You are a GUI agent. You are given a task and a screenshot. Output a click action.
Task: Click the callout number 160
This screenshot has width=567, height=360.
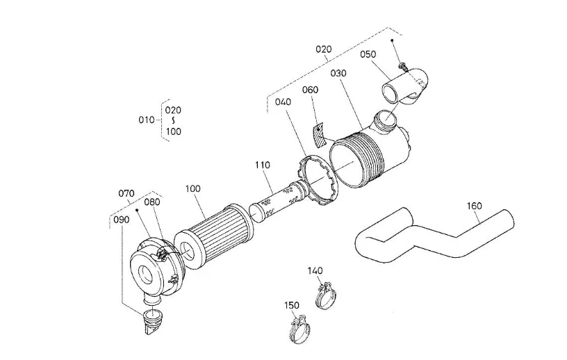pos(474,206)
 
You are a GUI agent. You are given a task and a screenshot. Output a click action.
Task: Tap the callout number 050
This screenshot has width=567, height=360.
pos(368,54)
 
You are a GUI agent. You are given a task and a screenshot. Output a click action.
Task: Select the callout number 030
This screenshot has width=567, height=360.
pos(338,73)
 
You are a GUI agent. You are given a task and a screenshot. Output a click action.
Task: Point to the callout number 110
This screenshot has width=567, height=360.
pos(263,165)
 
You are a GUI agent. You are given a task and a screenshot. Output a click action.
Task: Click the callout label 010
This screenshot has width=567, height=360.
pos(147,120)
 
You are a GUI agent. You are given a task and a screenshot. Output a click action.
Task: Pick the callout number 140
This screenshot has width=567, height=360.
pos(315,270)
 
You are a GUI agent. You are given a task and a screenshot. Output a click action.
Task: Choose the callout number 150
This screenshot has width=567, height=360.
pos(292,305)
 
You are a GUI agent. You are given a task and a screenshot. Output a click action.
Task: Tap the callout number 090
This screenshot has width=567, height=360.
pos(121,220)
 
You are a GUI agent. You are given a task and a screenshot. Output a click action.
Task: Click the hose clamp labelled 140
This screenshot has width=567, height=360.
pos(327,295)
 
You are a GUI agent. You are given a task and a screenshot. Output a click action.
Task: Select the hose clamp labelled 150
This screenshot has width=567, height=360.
pos(299,330)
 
